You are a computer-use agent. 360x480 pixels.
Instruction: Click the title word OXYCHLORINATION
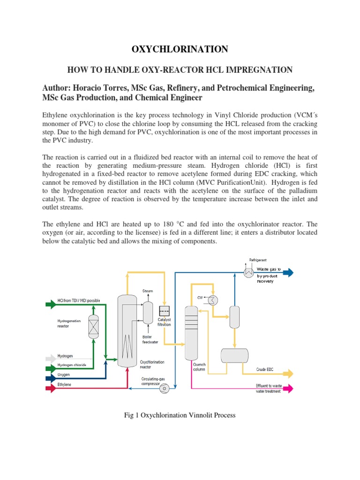(x=180, y=49)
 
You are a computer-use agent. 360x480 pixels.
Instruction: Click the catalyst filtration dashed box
(x=164, y=311)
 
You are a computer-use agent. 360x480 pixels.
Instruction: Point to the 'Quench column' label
(x=199, y=367)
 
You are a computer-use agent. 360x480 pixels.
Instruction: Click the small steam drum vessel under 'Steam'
(x=148, y=312)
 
